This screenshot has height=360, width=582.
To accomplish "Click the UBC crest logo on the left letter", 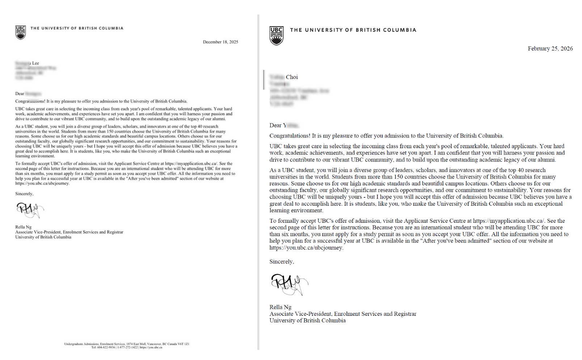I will coord(21,32).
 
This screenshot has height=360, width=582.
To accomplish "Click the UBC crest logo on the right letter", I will coord(277,35).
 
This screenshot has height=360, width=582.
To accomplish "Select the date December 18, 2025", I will coord(220,42).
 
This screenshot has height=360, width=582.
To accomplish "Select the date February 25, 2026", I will coord(550,49).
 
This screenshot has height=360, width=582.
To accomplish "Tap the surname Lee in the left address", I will coord(35,63).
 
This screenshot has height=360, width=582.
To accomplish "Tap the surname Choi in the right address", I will coord(292,77).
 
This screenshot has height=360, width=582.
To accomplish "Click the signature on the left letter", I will coord(30,210).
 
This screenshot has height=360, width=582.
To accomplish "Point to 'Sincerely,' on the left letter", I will coord(24,194).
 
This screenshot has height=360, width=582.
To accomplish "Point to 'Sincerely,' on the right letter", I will coord(282,261).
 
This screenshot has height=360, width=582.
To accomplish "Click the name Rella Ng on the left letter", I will coord(23,227).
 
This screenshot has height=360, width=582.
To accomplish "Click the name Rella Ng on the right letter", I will coord(280,307).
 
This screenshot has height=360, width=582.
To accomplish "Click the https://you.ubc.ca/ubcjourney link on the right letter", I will coord(306,248).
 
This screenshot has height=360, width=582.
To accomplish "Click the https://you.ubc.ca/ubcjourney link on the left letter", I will coord(42,183).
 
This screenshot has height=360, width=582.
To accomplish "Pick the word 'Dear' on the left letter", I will coord(20,93).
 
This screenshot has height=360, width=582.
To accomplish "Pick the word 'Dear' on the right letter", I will coord(275,125).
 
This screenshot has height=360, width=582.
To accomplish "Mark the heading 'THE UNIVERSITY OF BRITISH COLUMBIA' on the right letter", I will coord(353,30).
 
